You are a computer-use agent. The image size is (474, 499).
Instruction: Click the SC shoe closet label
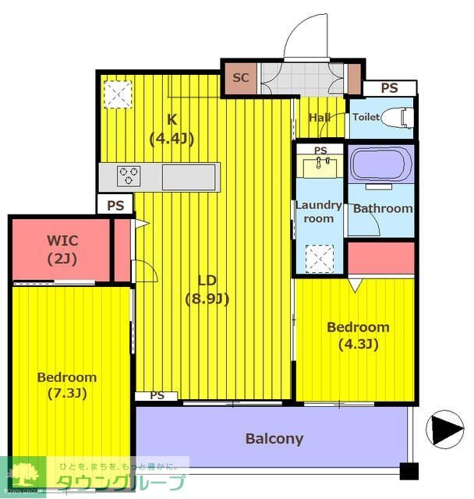click(x=240, y=78)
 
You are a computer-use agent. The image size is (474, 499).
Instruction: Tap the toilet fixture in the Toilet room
click(x=397, y=118)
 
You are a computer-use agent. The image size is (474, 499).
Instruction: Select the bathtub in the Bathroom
click(x=380, y=165)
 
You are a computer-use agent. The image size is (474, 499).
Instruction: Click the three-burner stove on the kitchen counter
click(x=129, y=175)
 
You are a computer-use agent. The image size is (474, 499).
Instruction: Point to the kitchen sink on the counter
click(x=189, y=177)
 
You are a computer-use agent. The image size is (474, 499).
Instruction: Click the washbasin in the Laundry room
click(x=320, y=166)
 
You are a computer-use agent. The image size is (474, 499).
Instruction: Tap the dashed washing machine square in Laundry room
click(x=320, y=259)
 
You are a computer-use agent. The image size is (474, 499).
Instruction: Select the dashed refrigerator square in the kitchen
click(x=118, y=94)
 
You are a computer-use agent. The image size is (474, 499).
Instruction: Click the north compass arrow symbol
click(x=445, y=429)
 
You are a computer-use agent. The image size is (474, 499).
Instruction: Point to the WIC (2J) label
click(x=62, y=249)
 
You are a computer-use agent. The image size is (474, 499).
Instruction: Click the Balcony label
click(x=274, y=439)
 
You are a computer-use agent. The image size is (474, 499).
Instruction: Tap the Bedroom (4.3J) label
click(x=358, y=335)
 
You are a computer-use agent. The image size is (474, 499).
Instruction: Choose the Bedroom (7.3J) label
click(x=67, y=385)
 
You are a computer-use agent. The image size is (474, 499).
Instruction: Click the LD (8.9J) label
click(x=207, y=289)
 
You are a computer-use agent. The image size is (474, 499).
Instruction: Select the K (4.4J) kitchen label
click(x=172, y=129)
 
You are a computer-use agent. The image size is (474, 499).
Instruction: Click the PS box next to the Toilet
click(x=390, y=88)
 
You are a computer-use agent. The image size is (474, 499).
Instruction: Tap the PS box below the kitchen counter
click(x=115, y=205)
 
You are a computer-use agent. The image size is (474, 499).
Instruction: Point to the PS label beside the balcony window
click(x=157, y=395)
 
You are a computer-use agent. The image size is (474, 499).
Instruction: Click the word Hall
click(x=320, y=118)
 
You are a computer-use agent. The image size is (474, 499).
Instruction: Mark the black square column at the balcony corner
click(x=409, y=471)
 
